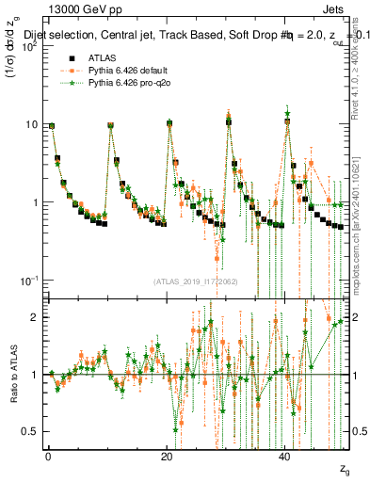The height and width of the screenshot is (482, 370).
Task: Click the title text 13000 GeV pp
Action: (80, 9)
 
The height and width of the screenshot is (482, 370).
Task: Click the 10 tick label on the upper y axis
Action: (30, 124)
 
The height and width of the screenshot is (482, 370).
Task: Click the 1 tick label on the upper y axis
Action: (34, 202)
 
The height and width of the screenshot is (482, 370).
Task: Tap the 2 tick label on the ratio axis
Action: (34, 317)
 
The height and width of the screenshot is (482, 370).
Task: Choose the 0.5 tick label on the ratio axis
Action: (29, 431)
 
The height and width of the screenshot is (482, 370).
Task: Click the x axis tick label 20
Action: (167, 456)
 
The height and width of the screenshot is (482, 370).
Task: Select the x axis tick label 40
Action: (285, 456)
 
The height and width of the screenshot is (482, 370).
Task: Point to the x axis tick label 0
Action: (48, 456)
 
